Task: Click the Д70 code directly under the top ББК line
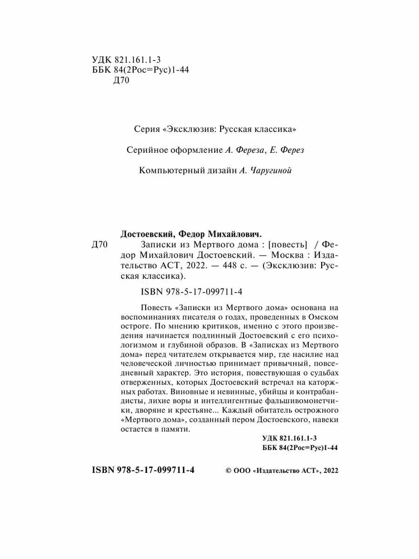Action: click(122, 80)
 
